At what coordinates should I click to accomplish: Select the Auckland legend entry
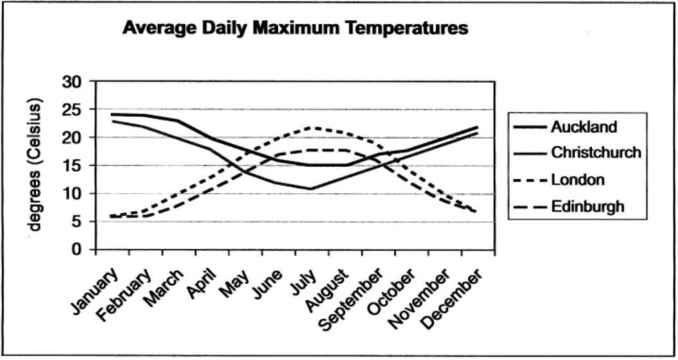click(x=583, y=127)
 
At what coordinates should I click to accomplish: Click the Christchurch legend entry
click(x=596, y=153)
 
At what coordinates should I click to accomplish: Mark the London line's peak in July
click(x=312, y=127)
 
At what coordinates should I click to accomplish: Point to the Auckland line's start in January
click(x=113, y=114)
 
